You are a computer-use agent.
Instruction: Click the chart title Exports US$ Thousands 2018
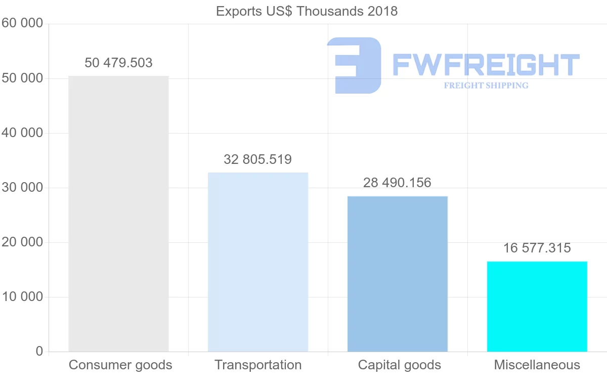pyautogui.click(x=307, y=11)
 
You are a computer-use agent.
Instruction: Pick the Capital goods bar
pyautogui.click(x=398, y=274)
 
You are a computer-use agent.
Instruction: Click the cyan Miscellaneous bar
pyautogui.click(x=537, y=306)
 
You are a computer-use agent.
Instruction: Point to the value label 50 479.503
pyautogui.click(x=118, y=63)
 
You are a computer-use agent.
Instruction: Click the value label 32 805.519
pyautogui.click(x=258, y=159)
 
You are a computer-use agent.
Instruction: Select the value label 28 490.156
pyautogui.click(x=398, y=183)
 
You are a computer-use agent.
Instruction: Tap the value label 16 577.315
pyautogui.click(x=537, y=248)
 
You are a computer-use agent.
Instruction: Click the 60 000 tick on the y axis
pyautogui.click(x=22, y=24)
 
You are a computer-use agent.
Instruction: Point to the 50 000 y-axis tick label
pyautogui.click(x=22, y=78)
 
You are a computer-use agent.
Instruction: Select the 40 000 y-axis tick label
pyautogui.click(x=22, y=133)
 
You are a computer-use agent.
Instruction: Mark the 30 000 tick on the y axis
pyautogui.click(x=22, y=188)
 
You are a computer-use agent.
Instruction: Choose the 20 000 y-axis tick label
pyautogui.click(x=22, y=242)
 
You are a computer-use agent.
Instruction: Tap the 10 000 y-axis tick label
pyautogui.click(x=22, y=297)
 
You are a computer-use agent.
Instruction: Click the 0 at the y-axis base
pyautogui.click(x=39, y=351)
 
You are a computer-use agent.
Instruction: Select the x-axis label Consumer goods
pyautogui.click(x=120, y=365)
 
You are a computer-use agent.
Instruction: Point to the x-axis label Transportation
pyautogui.click(x=258, y=365)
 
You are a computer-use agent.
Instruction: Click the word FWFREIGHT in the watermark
pyautogui.click(x=486, y=64)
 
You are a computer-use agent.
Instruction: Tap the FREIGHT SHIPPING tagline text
pyautogui.click(x=486, y=85)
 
